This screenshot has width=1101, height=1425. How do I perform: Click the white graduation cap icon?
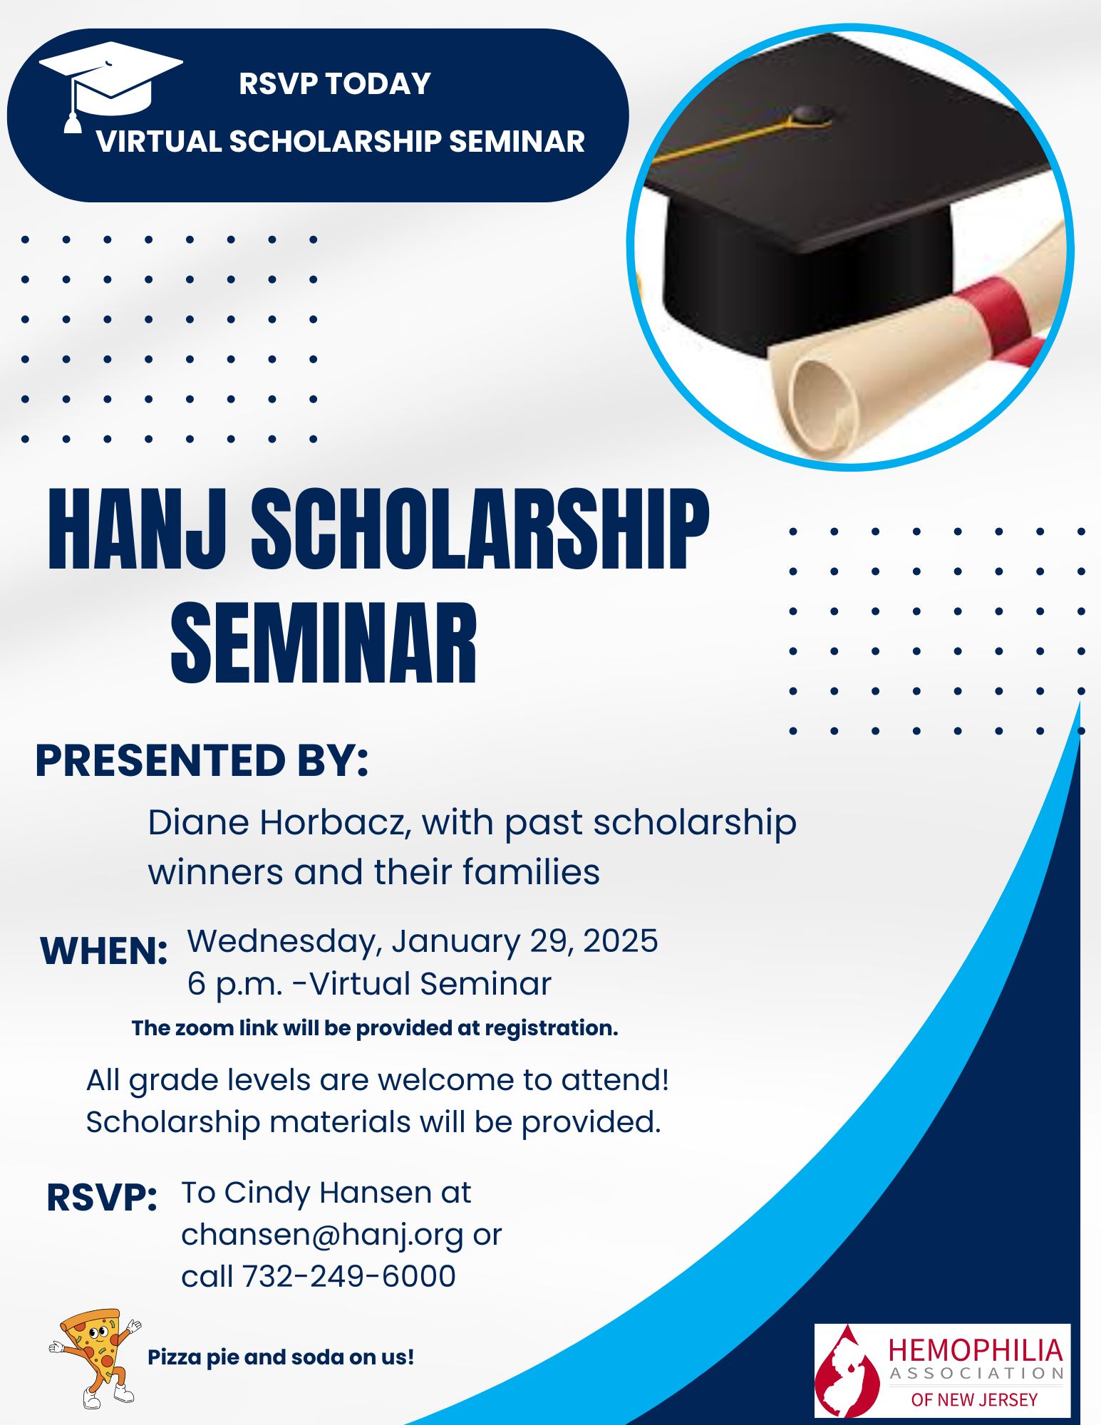coord(110,82)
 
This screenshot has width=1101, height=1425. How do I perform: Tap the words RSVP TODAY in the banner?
coord(334,83)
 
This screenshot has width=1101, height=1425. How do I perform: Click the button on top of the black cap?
coord(812,113)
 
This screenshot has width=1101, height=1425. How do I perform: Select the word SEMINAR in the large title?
coord(324,643)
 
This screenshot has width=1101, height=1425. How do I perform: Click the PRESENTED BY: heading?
coord(202,760)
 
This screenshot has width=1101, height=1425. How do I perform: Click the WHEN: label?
coord(104,951)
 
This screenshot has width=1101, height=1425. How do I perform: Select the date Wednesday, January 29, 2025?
coord(422,941)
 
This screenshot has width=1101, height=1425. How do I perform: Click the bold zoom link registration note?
coord(375,1028)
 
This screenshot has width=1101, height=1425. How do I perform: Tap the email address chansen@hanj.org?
coord(322,1235)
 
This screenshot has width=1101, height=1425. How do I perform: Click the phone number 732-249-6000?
coord(348,1276)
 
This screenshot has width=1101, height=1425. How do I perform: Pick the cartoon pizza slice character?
coord(95,1358)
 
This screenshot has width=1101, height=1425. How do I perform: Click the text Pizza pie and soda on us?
coord(280,1357)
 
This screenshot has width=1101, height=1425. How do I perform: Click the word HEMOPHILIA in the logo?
coord(975,1350)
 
